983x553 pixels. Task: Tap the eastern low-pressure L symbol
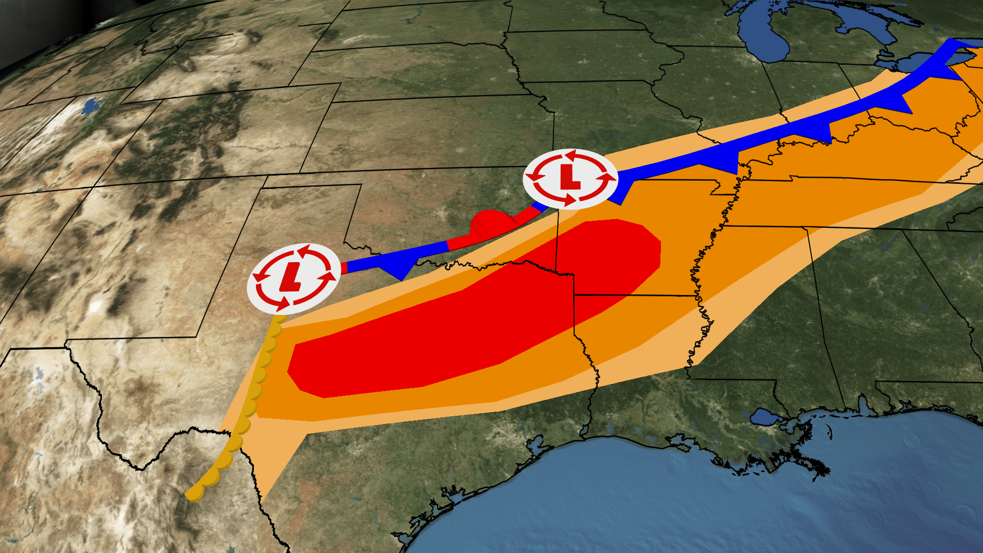click(570, 177)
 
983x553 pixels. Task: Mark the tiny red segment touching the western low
click(344, 267)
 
